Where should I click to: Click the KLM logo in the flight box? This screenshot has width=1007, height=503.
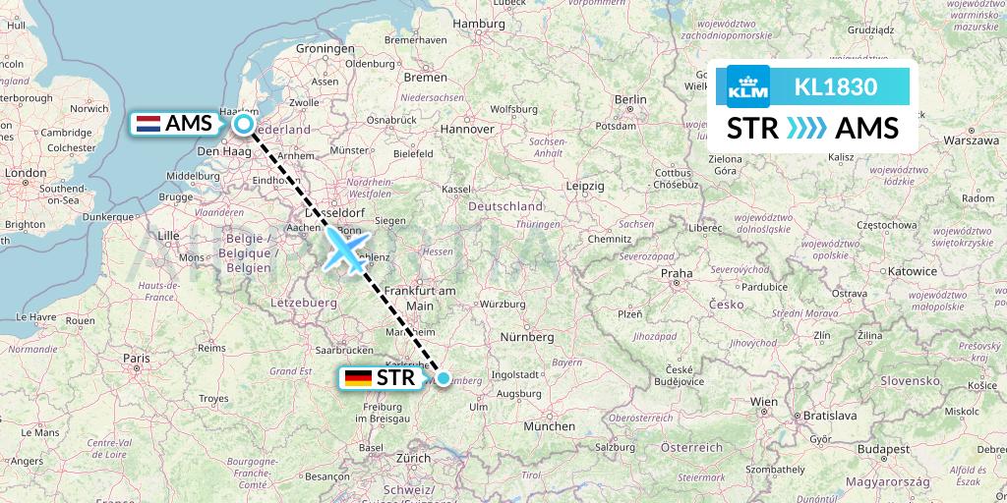pyautogui.click(x=747, y=86)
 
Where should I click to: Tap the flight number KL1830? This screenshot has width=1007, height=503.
pyautogui.click(x=835, y=86)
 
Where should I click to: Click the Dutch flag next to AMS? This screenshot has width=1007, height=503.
pyautogui.click(x=148, y=124)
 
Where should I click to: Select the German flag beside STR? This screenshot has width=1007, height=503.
pyautogui.click(x=358, y=378)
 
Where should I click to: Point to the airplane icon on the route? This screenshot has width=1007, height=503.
pyautogui.click(x=346, y=251)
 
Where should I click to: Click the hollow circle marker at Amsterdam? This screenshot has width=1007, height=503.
pyautogui.click(x=243, y=124)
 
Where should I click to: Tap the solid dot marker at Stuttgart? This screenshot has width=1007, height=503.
pyautogui.click(x=444, y=378)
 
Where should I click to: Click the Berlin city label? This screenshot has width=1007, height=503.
pyautogui.click(x=630, y=99)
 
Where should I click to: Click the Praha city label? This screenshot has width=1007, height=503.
pyautogui.click(x=677, y=273)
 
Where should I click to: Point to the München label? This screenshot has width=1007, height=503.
pyautogui.click(x=550, y=426)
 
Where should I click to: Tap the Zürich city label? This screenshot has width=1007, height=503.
pyautogui.click(x=414, y=458)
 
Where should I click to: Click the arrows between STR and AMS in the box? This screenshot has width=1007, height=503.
pyautogui.click(x=807, y=129)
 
